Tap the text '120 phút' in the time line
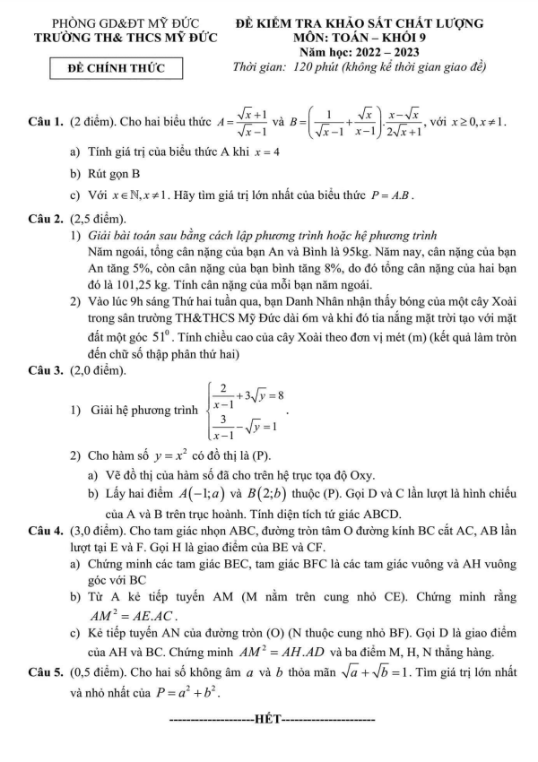[308, 68]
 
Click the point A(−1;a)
[191, 494]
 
